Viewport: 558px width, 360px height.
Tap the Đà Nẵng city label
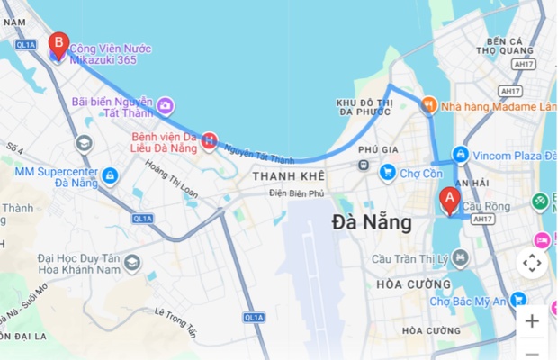[x=372, y=221]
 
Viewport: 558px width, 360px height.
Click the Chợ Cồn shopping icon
[x=388, y=171]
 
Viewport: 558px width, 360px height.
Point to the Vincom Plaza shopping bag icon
[x=461, y=155]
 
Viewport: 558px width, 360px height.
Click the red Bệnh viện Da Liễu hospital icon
[x=209, y=140]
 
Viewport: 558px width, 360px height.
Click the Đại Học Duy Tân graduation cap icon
[x=132, y=263]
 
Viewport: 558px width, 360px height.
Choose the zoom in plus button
[x=532, y=320]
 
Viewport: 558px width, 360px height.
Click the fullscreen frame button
[x=532, y=263]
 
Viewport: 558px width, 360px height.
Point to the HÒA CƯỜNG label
[x=401, y=284]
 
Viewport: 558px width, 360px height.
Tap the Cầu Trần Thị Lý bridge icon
[x=461, y=258]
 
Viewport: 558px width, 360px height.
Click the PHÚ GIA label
[x=378, y=149]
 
